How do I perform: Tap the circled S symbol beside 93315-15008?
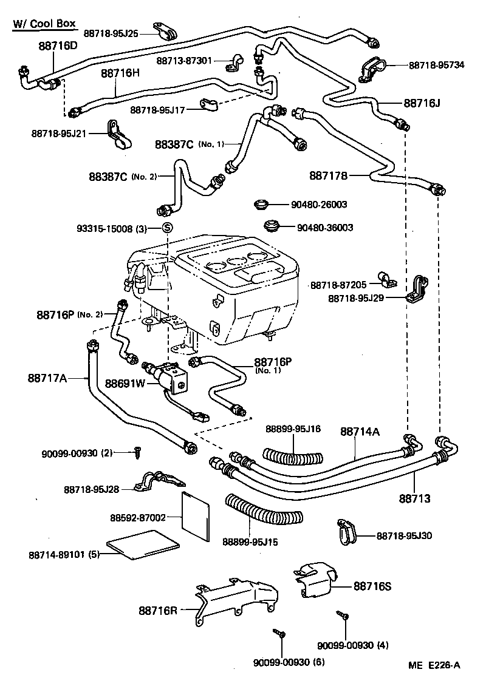[x=168, y=228]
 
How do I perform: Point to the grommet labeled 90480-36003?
[x=274, y=227]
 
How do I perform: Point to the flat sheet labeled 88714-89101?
[x=143, y=543]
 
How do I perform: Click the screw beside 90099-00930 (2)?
[x=139, y=452]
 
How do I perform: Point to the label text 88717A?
[x=47, y=378]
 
